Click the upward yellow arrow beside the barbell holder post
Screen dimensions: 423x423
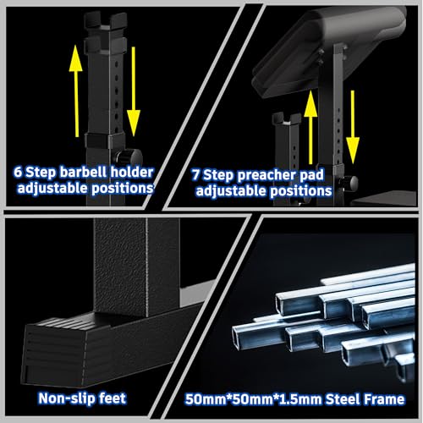pos(76,91)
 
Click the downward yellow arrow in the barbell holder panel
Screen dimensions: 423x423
pos(134,91)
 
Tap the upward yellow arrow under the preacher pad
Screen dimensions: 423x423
pos(310,127)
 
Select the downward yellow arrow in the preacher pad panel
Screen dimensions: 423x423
pos(353,127)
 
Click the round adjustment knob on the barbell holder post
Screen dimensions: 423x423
pos(129,157)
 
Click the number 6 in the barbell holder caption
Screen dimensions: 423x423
pos(18,173)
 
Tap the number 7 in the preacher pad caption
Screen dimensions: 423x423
pos(195,175)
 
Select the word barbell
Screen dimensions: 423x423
pos(83,172)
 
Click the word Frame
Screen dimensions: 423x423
pos(384,399)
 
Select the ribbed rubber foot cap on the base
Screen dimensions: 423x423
pos(61,353)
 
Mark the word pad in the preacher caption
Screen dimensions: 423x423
pos(311,175)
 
